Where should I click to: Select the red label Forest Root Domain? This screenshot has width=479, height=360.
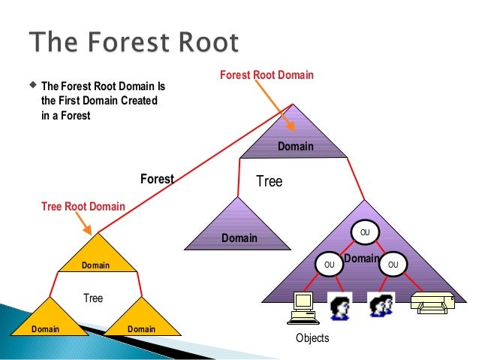click(267, 75)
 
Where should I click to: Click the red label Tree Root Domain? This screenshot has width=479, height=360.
click(83, 207)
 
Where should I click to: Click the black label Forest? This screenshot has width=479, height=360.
click(157, 179)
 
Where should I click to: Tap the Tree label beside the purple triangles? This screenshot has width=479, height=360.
click(270, 181)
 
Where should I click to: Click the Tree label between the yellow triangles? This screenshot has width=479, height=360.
click(93, 298)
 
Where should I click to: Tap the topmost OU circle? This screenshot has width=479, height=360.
click(365, 231)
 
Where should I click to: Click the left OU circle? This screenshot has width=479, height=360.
click(328, 265)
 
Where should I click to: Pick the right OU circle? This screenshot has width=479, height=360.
click(393, 265)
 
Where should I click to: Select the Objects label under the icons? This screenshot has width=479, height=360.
click(312, 338)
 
